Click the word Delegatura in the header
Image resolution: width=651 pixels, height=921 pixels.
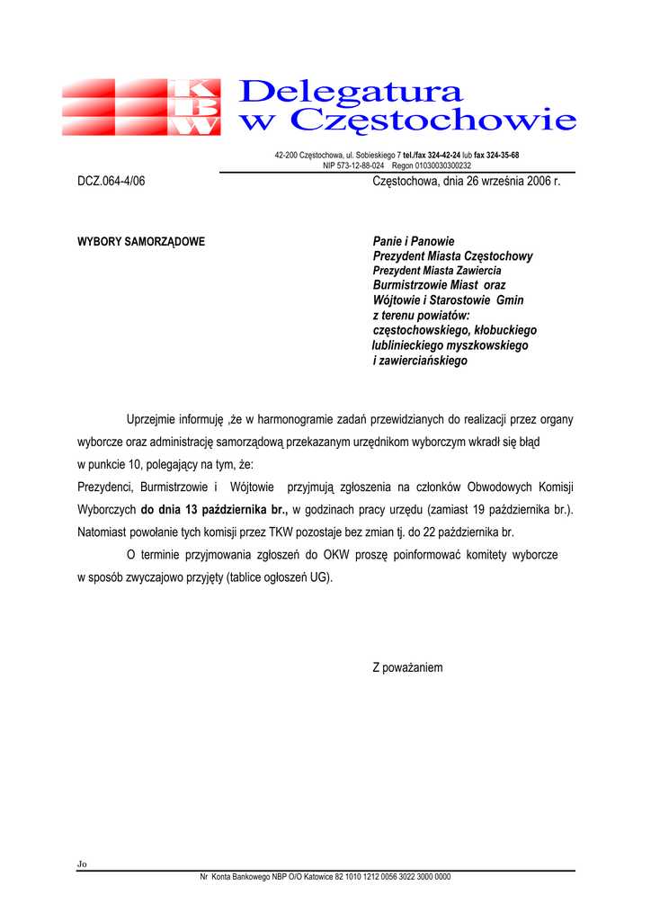click(x=352, y=91)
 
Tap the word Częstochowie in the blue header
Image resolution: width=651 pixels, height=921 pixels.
click(x=435, y=119)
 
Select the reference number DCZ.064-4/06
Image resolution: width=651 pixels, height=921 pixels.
click(x=111, y=181)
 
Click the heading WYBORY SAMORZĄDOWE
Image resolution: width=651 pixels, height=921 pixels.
click(x=141, y=242)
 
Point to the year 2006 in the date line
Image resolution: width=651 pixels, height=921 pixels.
click(x=538, y=181)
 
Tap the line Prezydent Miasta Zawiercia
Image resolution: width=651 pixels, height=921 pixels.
click(x=437, y=271)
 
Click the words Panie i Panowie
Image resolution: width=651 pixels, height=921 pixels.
click(x=414, y=241)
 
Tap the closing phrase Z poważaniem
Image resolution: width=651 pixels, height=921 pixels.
click(x=408, y=668)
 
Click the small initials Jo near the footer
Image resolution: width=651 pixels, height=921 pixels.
click(x=82, y=864)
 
